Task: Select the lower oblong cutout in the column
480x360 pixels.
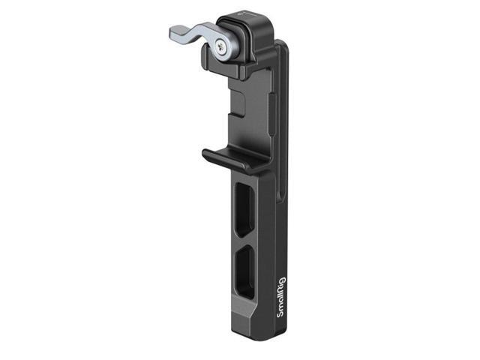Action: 244,268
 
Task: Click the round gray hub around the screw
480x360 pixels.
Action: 226,47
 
